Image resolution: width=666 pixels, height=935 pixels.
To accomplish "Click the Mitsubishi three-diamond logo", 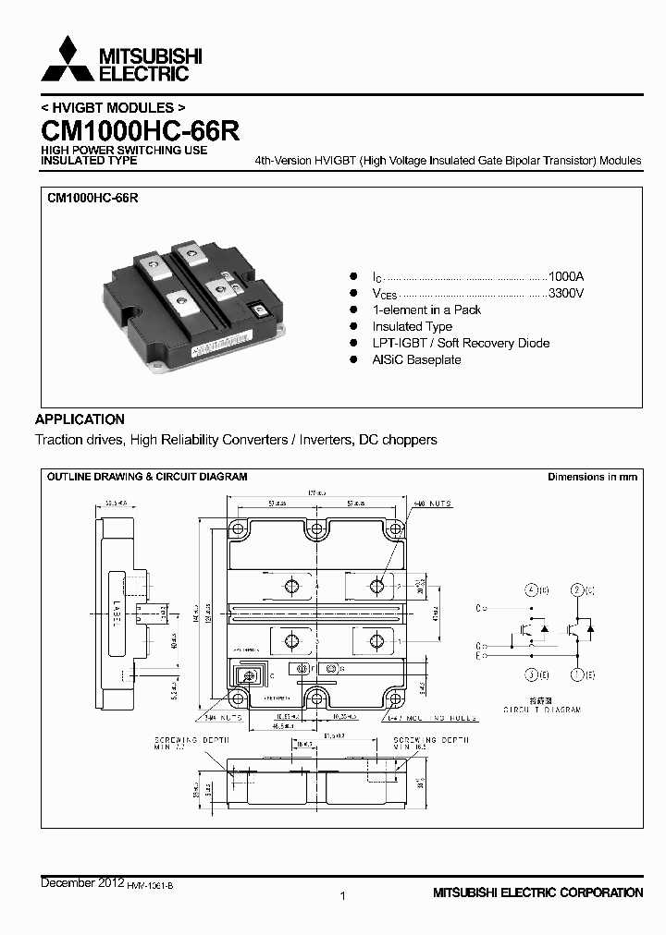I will click(67, 60).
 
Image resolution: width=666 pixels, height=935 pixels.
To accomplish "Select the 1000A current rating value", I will click(566, 277).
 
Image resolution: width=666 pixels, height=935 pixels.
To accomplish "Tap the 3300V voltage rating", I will click(566, 294).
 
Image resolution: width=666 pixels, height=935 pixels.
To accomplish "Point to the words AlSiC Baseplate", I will click(416, 359).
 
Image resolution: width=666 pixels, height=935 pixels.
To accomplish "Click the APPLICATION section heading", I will click(80, 419).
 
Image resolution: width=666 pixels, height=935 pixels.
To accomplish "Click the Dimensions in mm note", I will click(592, 477).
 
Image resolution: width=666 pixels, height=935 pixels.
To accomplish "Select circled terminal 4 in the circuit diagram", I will click(532, 589).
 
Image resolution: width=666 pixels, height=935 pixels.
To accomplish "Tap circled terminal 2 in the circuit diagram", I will click(577, 589).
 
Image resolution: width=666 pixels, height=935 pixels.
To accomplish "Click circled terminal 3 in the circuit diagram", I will click(532, 674).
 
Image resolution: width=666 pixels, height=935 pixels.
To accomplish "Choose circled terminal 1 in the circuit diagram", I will click(577, 674).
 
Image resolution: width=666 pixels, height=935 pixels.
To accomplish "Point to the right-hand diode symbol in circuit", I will click(590, 628).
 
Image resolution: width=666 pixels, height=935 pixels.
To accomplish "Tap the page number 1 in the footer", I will click(343, 895).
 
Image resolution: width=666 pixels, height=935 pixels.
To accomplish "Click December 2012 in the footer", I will click(81, 884).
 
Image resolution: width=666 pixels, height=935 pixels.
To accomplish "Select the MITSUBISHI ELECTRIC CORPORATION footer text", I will click(537, 892).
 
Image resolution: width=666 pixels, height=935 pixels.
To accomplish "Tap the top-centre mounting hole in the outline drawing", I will click(316, 528).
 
